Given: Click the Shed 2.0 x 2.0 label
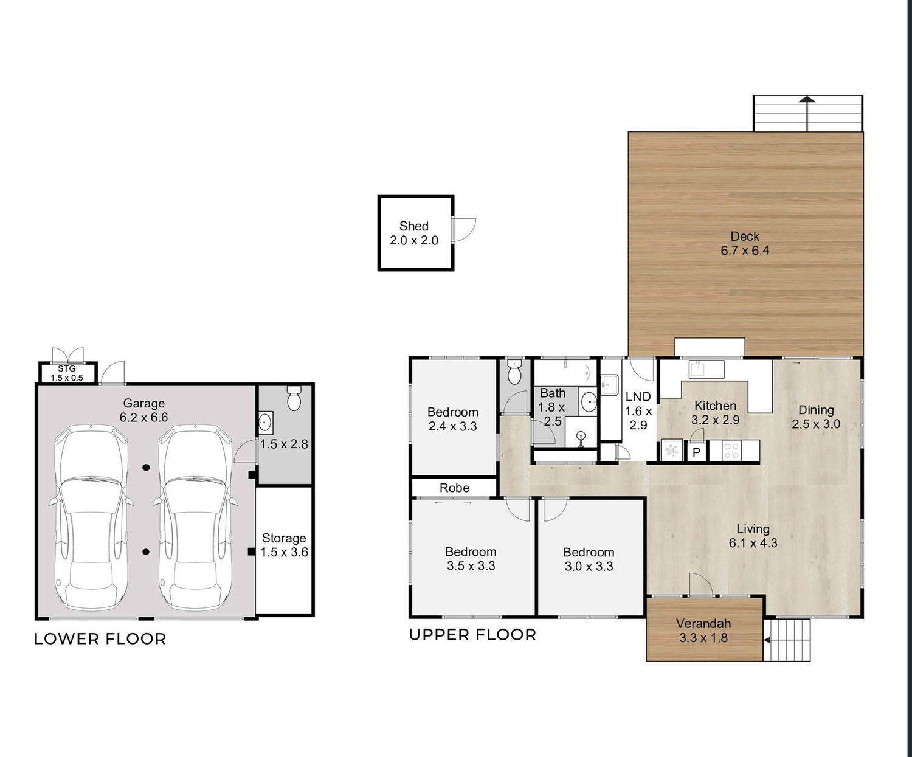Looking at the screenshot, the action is point(413,233).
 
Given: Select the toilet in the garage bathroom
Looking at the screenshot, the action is point(294,398).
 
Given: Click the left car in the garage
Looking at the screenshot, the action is point(91,517).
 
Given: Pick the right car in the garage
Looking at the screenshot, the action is point(195,517).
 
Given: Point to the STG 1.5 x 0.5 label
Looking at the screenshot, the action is point(66,373).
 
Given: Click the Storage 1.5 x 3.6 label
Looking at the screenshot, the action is point(284,545).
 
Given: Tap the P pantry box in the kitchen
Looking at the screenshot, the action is point(696,452).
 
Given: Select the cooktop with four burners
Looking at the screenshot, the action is point(731,451).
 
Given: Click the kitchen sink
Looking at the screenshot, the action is point(706,369).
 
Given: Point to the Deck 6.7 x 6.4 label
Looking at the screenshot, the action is point(745,243).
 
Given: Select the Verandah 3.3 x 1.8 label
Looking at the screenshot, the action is point(703,631).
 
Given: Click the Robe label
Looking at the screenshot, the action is point(454,488).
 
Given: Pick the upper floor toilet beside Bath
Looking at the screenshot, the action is point(515,372).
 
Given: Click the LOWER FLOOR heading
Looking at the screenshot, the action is point(100,638).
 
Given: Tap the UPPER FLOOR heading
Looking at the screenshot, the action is point(472,634).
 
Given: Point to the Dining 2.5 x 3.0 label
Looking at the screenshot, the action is point(816,417).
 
